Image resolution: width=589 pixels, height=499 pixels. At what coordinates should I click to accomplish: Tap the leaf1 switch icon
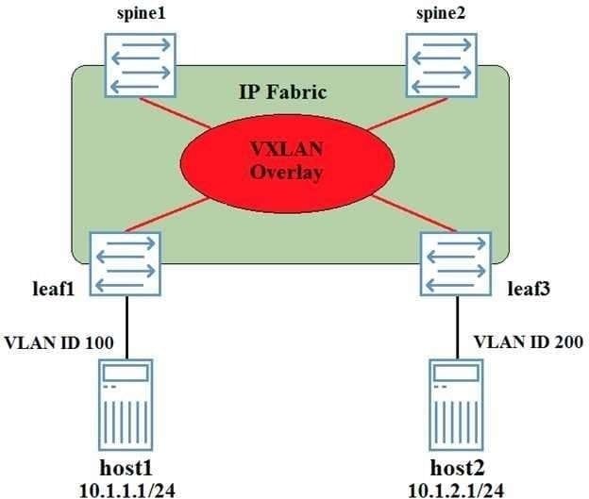coord(126,263)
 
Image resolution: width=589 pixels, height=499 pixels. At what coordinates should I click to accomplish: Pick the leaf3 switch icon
coord(455,263)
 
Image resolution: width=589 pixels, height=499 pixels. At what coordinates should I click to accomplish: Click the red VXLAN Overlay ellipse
coord(286,160)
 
